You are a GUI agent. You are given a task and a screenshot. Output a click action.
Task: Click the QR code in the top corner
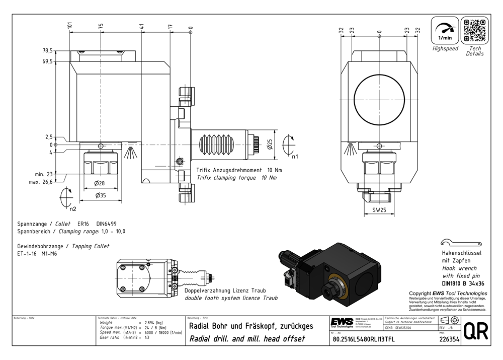click(x=474, y=31)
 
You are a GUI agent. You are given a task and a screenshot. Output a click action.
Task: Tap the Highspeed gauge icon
click(x=445, y=31)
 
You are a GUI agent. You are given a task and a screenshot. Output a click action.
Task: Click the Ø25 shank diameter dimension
click(x=270, y=146)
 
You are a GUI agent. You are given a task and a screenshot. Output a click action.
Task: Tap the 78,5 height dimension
click(x=48, y=51)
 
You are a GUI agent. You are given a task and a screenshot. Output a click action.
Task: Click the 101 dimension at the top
click(x=70, y=25)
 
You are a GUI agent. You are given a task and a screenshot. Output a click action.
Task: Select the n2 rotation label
click(x=73, y=208)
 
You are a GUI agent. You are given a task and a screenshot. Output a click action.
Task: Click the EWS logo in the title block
click(x=342, y=322)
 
